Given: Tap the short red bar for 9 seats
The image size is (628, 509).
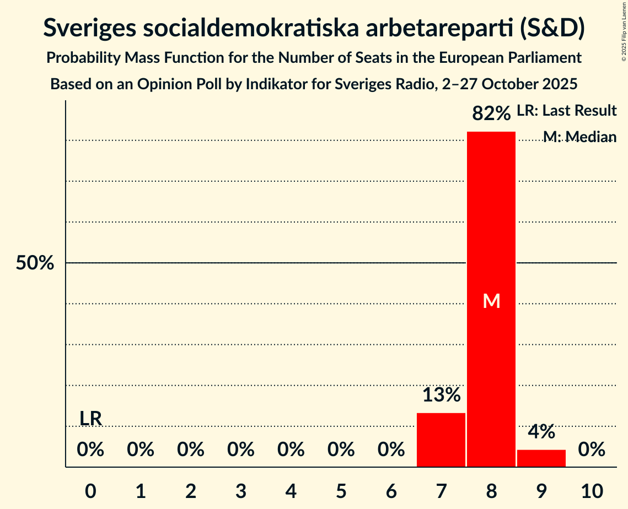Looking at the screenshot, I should click(x=541, y=458).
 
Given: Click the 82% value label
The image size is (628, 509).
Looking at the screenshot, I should click(x=491, y=114).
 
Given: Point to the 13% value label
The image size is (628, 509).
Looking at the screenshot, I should click(x=441, y=395).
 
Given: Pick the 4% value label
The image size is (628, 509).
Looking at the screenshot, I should click(x=541, y=432).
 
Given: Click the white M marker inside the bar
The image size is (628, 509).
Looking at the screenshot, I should click(x=491, y=301).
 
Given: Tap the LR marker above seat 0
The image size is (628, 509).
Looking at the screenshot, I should click(x=90, y=419).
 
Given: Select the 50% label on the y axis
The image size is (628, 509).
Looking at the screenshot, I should click(x=35, y=263).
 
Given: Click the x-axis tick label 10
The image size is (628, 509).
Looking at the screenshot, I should click(x=591, y=491).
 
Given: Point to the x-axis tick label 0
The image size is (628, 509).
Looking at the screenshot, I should click(x=90, y=491).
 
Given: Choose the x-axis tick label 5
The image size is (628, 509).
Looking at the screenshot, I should click(x=341, y=491).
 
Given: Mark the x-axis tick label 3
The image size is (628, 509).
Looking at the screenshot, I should click(x=241, y=491).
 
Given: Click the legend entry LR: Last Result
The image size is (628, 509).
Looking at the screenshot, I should click(x=566, y=111).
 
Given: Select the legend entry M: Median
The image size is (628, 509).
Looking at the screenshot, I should click(x=579, y=137).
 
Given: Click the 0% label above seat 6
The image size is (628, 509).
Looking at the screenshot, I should click(x=391, y=450).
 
